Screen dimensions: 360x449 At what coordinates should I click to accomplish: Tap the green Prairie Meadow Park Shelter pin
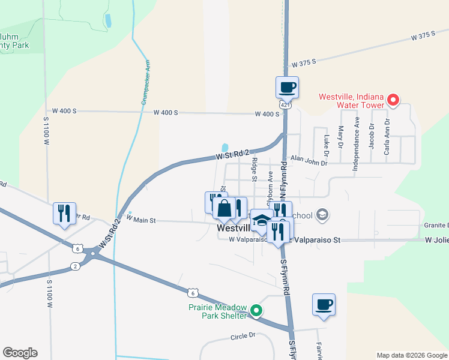coord(256,310)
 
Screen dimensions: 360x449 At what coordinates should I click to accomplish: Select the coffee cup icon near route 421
coord(287,88)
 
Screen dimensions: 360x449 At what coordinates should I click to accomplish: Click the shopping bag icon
coord(224,209)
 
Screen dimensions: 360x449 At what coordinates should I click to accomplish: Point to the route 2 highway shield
coord(74,266)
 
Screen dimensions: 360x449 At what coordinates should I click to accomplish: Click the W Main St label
coord(141,220)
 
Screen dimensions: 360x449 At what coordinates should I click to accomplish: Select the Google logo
coord(20,353)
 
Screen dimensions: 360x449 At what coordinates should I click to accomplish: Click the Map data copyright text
coord(411,355)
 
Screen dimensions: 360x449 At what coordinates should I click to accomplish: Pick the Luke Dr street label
coord(327,142)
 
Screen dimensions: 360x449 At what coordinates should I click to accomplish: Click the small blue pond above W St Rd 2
coord(225,148)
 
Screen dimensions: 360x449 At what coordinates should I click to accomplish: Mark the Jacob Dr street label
coord(372,137)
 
